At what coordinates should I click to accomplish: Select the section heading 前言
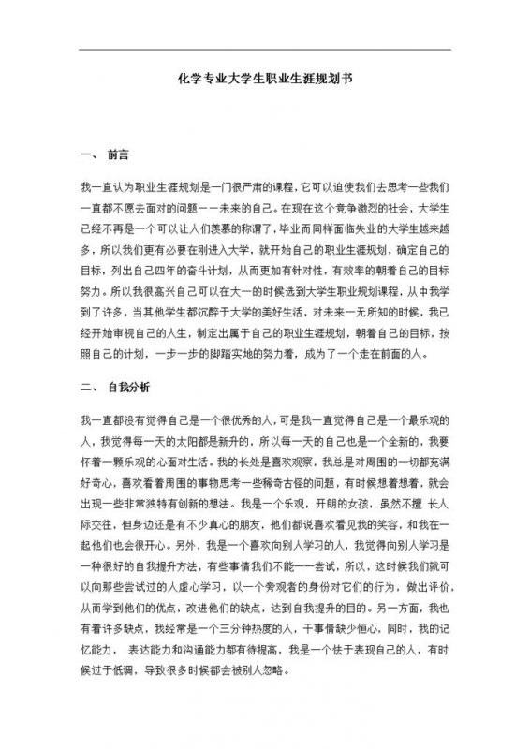[x=119, y=152]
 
